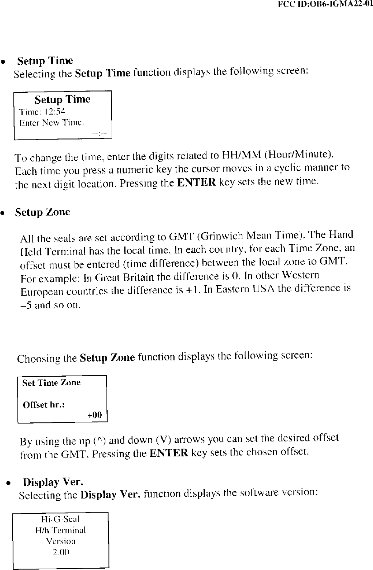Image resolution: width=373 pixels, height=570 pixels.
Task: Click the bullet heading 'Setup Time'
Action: (x=44, y=61)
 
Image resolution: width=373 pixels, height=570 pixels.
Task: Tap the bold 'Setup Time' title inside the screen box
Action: (x=62, y=99)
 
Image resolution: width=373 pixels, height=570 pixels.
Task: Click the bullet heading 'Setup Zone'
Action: (x=42, y=212)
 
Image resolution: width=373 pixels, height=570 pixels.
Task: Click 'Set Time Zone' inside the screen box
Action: (x=52, y=383)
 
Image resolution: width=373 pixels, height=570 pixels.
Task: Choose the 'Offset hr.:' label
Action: (x=44, y=405)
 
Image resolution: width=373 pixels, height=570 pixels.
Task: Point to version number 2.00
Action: (x=60, y=552)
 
